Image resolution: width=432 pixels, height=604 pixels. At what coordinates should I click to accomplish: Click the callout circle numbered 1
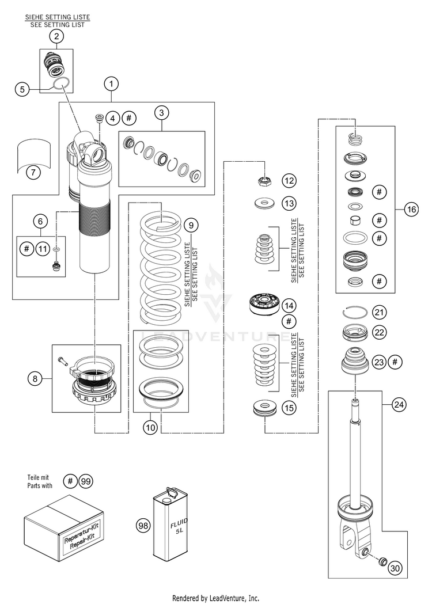[111, 83]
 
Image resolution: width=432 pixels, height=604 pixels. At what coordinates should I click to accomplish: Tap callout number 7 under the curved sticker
[33, 172]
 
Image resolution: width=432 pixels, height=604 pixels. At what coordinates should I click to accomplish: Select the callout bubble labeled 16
[411, 209]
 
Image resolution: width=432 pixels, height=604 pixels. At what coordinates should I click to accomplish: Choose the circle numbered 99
[86, 481]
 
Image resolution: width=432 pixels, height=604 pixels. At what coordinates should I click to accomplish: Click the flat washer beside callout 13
[264, 203]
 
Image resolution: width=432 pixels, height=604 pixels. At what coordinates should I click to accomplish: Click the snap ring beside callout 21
[355, 312]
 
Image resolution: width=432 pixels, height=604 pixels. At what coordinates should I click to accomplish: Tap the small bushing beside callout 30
[382, 561]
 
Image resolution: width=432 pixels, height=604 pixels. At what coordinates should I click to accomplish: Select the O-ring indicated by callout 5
[61, 83]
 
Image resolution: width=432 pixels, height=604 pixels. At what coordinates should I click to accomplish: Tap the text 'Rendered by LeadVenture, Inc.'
[215, 598]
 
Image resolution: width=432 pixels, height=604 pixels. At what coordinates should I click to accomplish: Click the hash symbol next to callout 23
[395, 362]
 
